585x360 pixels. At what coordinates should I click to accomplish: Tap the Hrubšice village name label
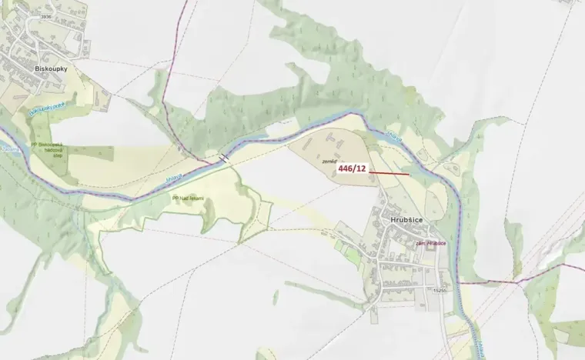click(408, 218)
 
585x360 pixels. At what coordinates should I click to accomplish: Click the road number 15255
click(440, 291)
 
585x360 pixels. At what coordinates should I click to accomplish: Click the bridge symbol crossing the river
click(223, 158)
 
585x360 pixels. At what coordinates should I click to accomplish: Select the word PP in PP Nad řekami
click(175, 197)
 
